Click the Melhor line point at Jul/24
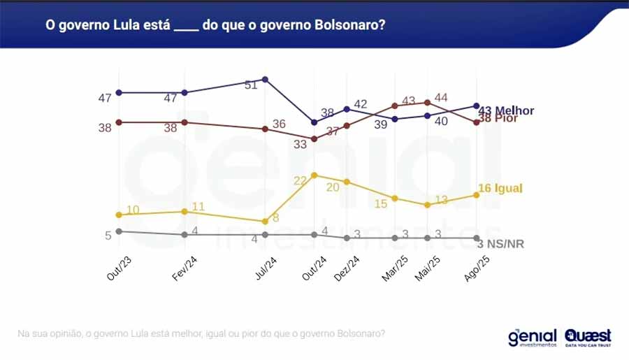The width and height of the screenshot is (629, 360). click(x=265, y=79)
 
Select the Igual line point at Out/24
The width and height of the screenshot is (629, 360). click(x=314, y=175)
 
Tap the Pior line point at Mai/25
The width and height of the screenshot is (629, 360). click(x=428, y=102)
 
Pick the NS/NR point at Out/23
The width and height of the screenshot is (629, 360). click(x=119, y=231)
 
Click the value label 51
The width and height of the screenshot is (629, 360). click(x=252, y=85)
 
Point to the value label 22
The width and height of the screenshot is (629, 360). click(x=301, y=181)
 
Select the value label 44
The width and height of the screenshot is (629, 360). click(x=441, y=97)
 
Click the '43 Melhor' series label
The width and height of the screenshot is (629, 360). click(x=506, y=110)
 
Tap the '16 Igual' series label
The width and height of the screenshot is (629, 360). click(x=500, y=188)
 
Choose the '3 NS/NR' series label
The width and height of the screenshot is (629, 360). click(x=500, y=244)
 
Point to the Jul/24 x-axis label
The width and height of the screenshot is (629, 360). click(x=263, y=267)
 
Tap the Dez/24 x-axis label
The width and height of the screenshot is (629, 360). click(x=347, y=268)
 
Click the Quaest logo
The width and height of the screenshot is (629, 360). click(x=588, y=337)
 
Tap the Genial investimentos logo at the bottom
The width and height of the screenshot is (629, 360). click(x=533, y=338)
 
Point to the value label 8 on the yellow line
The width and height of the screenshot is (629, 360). click(x=276, y=218)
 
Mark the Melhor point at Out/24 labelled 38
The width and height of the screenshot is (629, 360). click(x=314, y=122)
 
